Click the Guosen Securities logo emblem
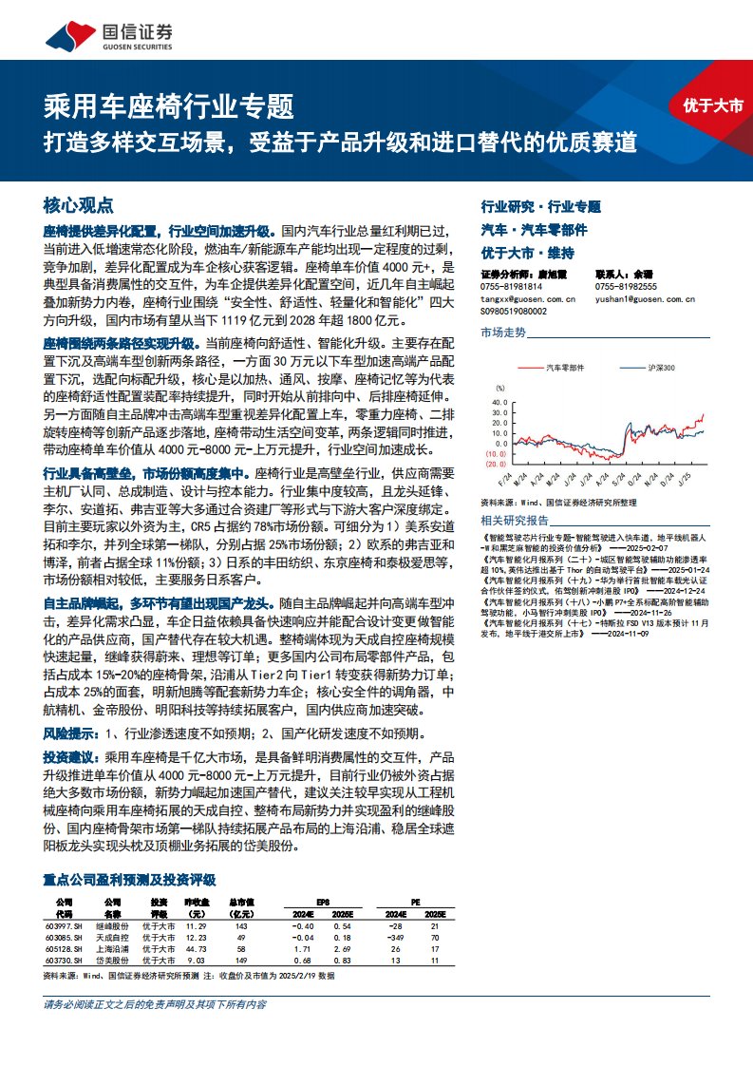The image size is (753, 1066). pyautogui.click(x=64, y=35)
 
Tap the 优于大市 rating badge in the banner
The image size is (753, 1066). pyautogui.click(x=712, y=106)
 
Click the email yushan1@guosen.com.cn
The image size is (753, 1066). pyautogui.click(x=646, y=298)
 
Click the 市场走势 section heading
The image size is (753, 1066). pyautogui.click(x=503, y=333)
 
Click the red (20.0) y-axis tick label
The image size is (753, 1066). pyautogui.click(x=494, y=465)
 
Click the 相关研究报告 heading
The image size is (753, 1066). pyautogui.click(x=515, y=521)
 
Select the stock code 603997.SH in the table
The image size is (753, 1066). pyautogui.click(x=64, y=925)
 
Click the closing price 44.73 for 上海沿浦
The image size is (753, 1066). pyautogui.click(x=195, y=949)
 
